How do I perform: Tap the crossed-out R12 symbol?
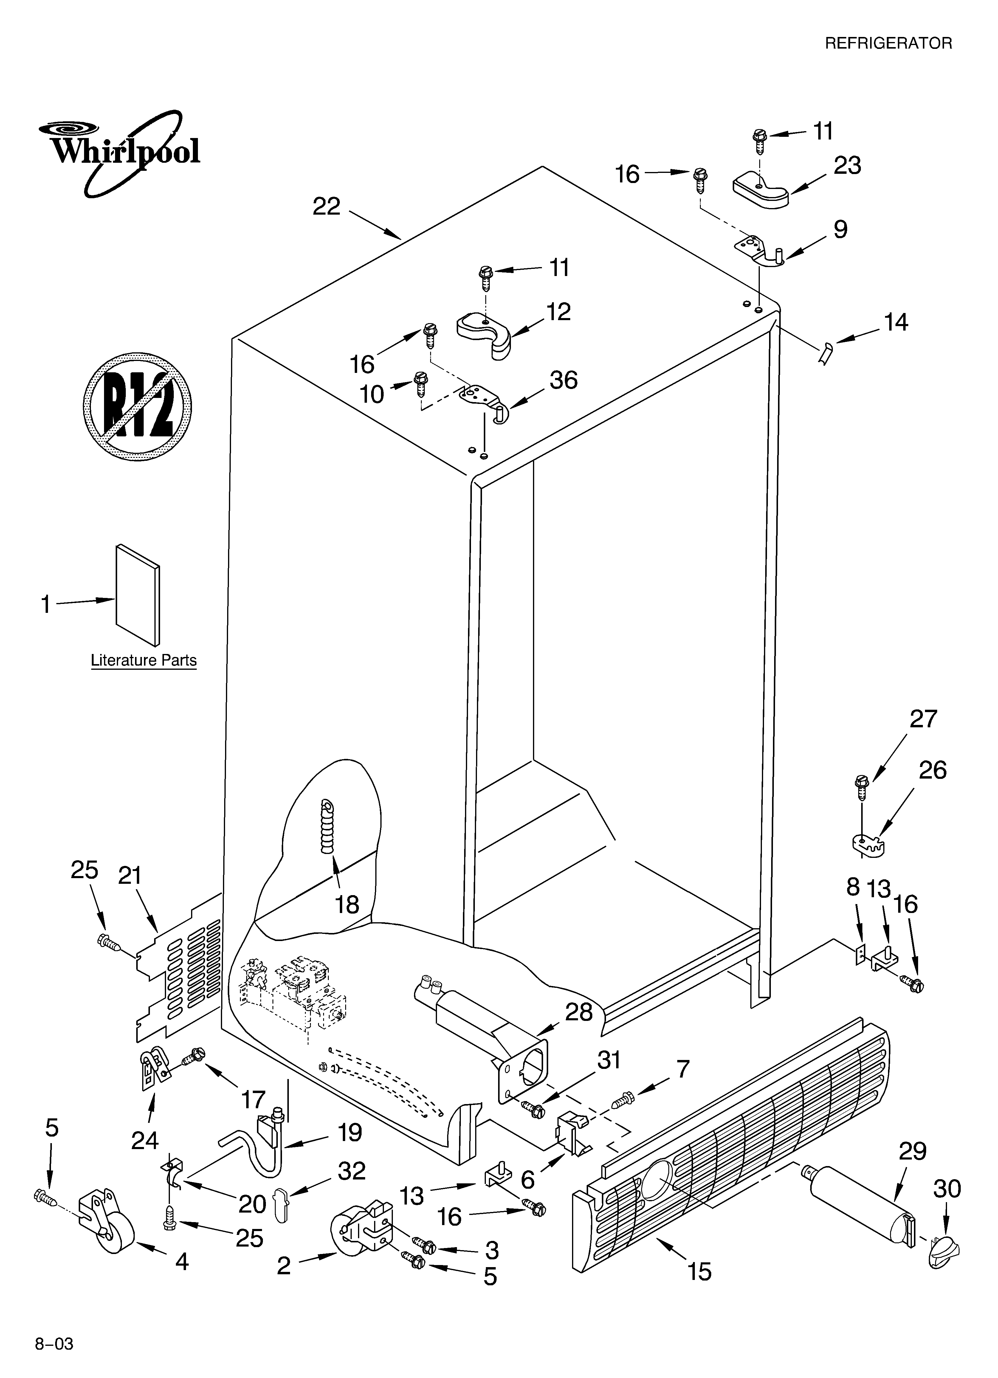click(137, 406)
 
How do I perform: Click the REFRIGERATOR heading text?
click(888, 43)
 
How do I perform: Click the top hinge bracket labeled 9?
click(760, 250)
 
